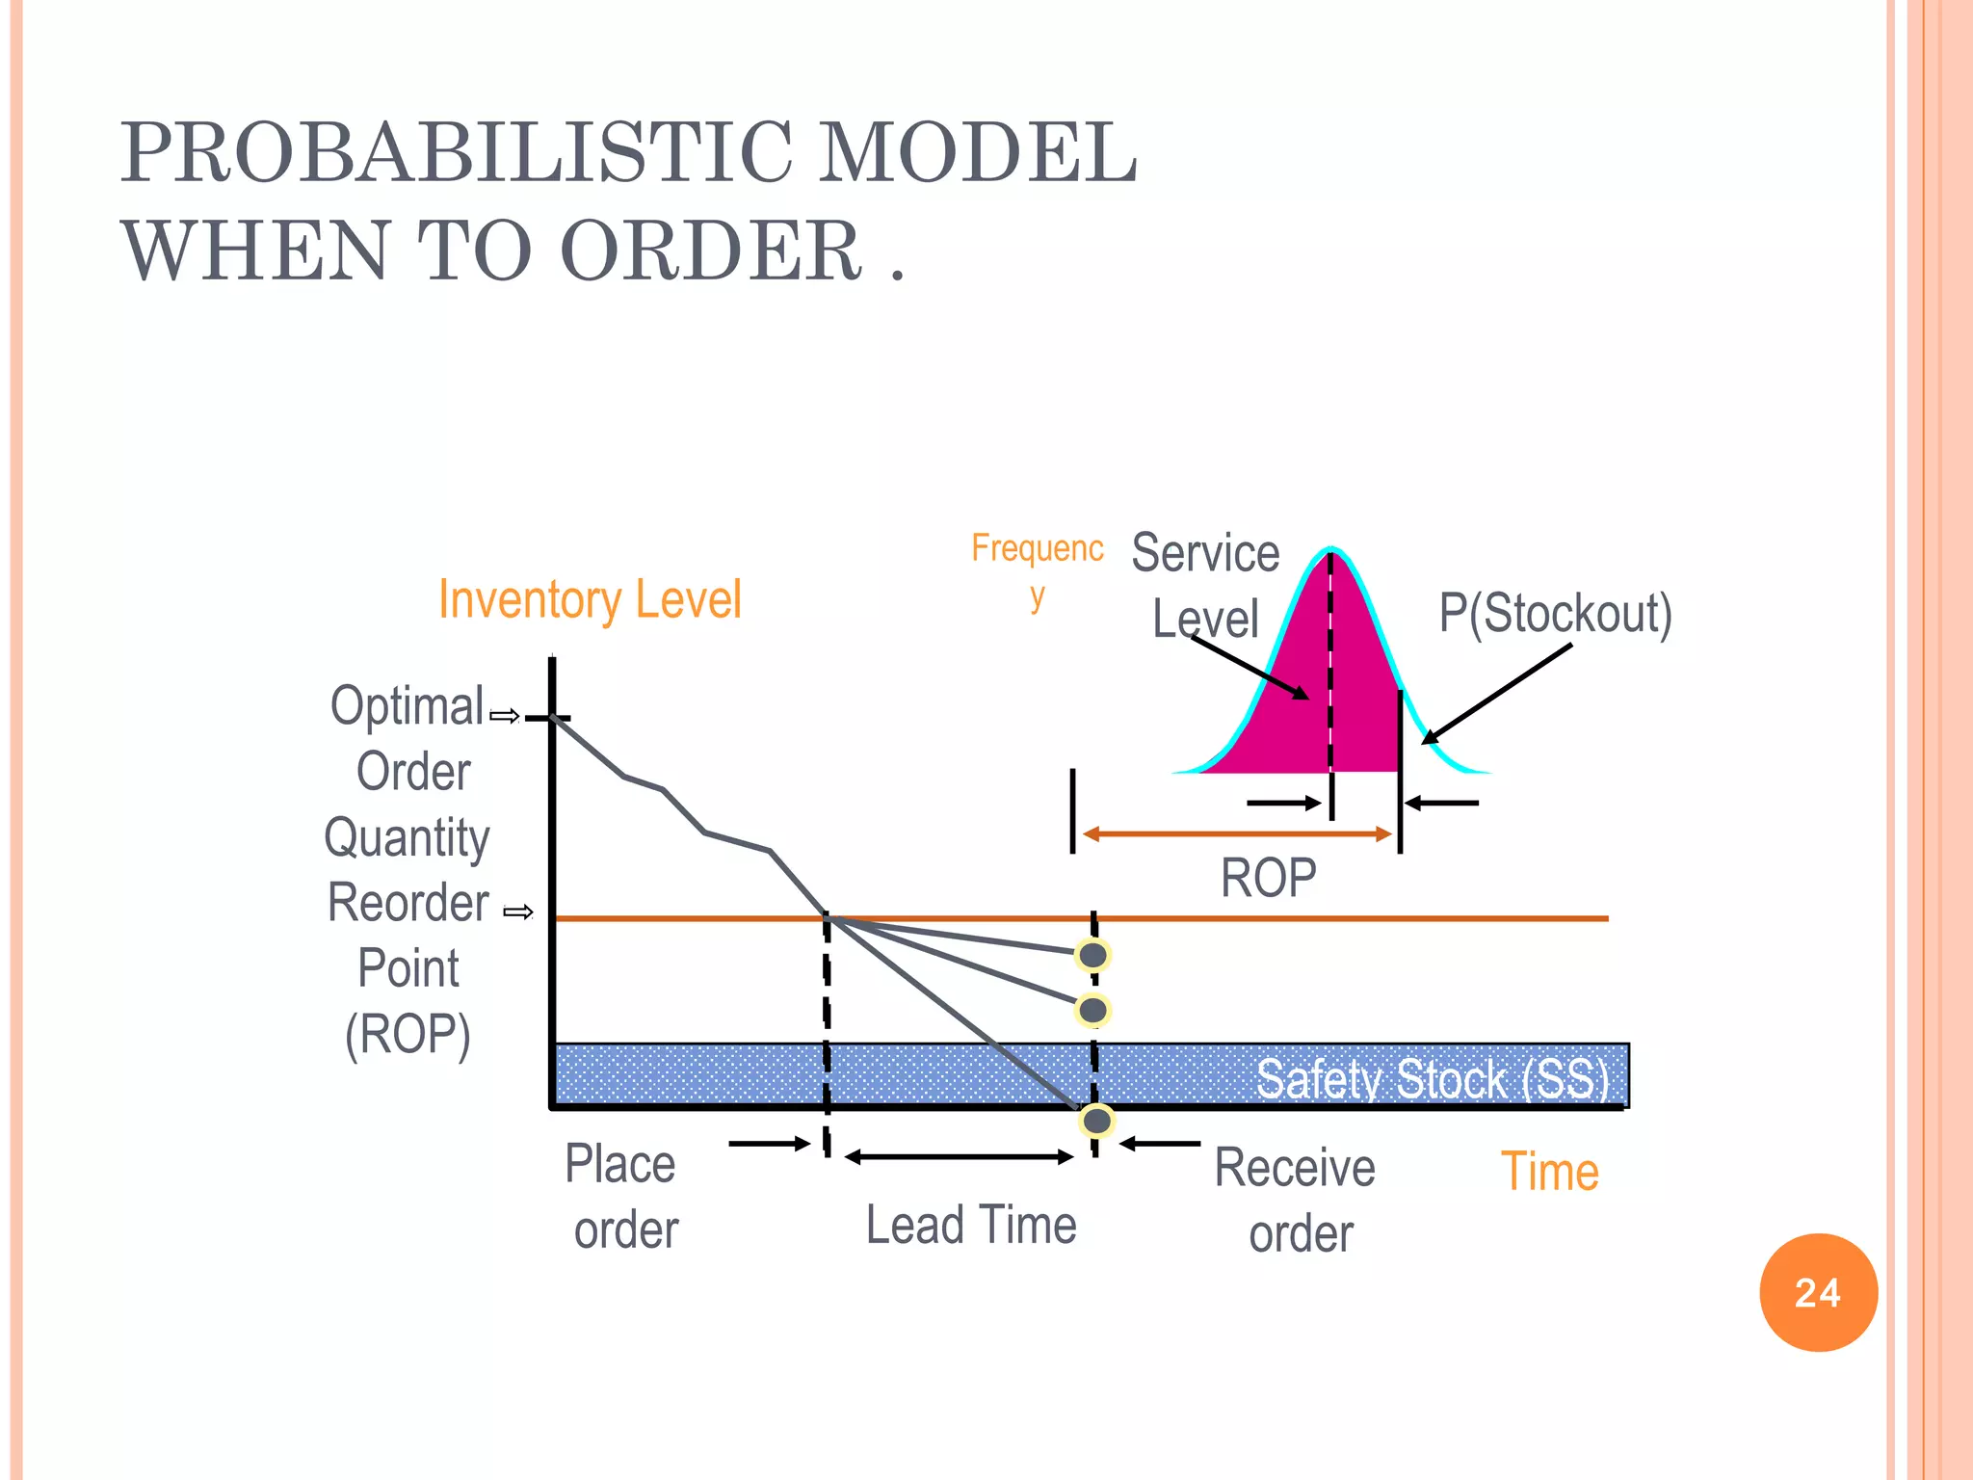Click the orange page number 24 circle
pos(1818,1292)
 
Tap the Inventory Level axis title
pos(590,599)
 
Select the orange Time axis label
pos(1549,1172)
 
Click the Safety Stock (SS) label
pos(1432,1078)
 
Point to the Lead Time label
pos(971,1225)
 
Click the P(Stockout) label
pos(1555,613)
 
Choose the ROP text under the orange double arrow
pos(1268,878)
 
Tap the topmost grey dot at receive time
pos(1093,955)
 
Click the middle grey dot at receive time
pos(1093,1010)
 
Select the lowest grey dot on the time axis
pos(1096,1121)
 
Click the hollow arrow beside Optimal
pos(505,716)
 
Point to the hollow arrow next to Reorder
pos(518,912)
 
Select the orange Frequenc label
pos(1037,548)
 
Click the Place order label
pos(622,1196)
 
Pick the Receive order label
pos(1297,1200)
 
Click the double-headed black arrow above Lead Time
pos(960,1156)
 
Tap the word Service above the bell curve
pos(1205,553)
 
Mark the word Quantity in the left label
pos(408,836)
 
